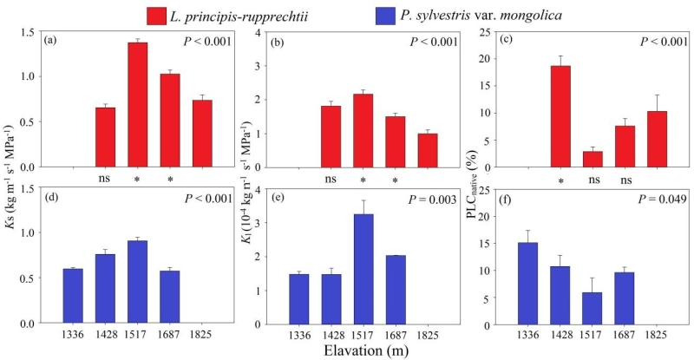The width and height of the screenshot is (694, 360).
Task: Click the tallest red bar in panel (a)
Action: pos(137,104)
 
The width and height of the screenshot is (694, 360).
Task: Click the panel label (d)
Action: pos(52,199)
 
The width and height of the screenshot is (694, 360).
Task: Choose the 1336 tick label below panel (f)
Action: pos(527,333)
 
